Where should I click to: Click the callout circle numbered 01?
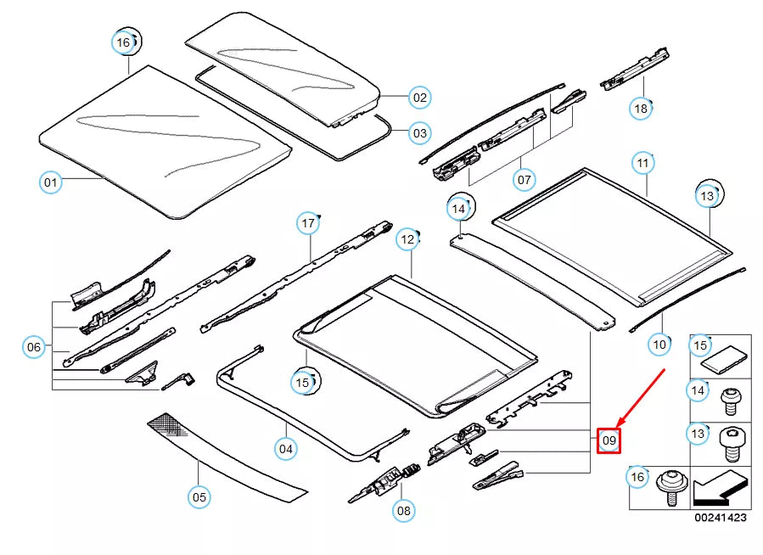[x=51, y=182]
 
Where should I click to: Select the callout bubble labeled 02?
[x=419, y=98]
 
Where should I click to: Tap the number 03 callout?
[x=419, y=133]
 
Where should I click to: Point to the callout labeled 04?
[x=286, y=447]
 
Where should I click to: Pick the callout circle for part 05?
[x=199, y=497]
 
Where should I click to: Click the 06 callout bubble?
[x=34, y=346]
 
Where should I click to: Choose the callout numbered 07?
[x=525, y=180]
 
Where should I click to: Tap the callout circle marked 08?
[x=404, y=510]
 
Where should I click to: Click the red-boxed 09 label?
[x=609, y=440]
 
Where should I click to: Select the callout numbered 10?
[x=659, y=344]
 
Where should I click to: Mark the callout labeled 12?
[x=407, y=240]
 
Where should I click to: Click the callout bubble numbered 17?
[x=308, y=224]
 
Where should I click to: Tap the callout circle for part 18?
[x=641, y=108]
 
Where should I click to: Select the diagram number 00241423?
[x=721, y=518]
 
